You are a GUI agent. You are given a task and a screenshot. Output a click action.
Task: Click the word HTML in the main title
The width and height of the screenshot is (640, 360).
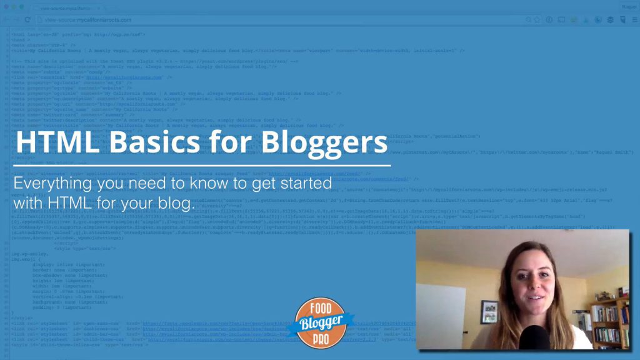click(x=54, y=142)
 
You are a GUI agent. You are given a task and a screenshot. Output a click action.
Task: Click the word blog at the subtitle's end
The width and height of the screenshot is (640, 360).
click(x=177, y=204)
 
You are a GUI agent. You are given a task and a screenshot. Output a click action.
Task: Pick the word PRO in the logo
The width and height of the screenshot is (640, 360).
click(x=320, y=337)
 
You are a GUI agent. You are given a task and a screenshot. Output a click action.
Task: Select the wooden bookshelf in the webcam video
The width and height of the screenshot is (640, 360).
click(x=610, y=322)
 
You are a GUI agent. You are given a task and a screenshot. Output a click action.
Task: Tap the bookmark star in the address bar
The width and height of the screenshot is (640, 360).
click(x=536, y=19)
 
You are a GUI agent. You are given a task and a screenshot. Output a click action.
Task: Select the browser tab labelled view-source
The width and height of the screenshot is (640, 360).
click(x=69, y=7)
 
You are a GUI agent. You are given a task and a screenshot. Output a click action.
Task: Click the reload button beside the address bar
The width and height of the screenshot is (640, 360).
click(x=27, y=19)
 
